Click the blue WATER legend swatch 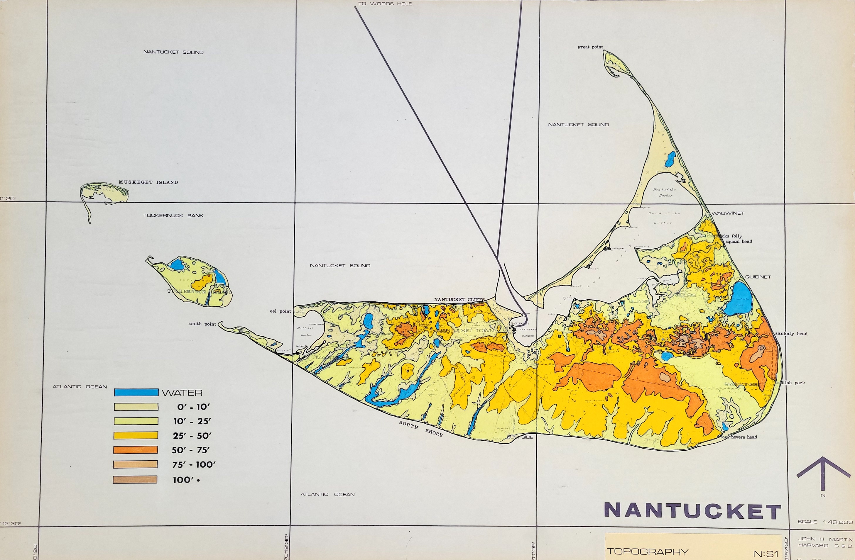pyautogui.click(x=136, y=392)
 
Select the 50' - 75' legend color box pyautogui.click(x=136, y=450)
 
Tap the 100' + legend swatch pyautogui.click(x=135, y=480)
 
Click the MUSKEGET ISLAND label pyautogui.click(x=148, y=182)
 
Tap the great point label pyautogui.click(x=590, y=47)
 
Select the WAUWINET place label pyautogui.click(x=728, y=213)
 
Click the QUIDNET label pyautogui.click(x=758, y=277)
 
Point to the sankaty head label pyautogui.click(x=791, y=333)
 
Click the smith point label pyautogui.click(x=202, y=324)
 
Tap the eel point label pyautogui.click(x=281, y=311)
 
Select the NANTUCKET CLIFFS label pyautogui.click(x=459, y=299)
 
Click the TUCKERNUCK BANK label pyautogui.click(x=173, y=215)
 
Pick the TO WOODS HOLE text pyautogui.click(x=385, y=4)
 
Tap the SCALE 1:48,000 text pyautogui.click(x=825, y=522)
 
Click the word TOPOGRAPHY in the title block pyautogui.click(x=647, y=551)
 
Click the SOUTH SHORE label pyautogui.click(x=421, y=429)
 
